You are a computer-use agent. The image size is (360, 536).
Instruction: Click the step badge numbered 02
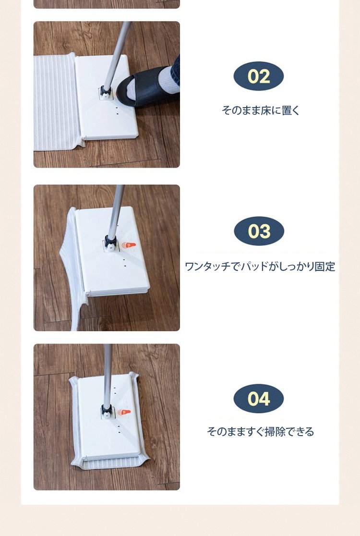pyautogui.click(x=259, y=76)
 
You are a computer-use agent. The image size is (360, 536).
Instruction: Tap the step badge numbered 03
pyautogui.click(x=259, y=231)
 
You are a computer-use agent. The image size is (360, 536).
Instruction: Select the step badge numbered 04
pyautogui.click(x=259, y=399)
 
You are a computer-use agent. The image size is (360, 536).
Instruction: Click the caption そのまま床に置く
pyautogui.click(x=260, y=110)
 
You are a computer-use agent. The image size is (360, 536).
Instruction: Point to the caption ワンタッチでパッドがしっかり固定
pyautogui.click(x=260, y=267)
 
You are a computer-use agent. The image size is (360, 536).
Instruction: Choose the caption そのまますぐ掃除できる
pyautogui.click(x=260, y=431)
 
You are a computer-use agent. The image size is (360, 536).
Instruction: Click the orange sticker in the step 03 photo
pyautogui.click(x=129, y=245)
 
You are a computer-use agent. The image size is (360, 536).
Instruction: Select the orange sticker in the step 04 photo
pyautogui.click(x=124, y=412)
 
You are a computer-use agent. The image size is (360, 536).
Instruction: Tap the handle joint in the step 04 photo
pyautogui.click(x=107, y=411)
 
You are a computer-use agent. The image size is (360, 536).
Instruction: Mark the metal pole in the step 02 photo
pyautogui.click(x=117, y=55)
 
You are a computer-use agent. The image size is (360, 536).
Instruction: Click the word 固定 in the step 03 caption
pyautogui.click(x=325, y=267)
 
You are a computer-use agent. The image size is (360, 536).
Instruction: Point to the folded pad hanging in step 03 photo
pyautogui.click(x=72, y=270)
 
